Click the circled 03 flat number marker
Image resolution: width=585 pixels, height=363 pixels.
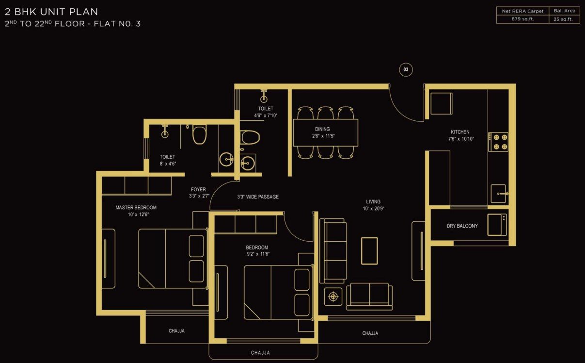click(406, 69)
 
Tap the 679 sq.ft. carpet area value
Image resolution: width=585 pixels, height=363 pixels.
click(522, 19)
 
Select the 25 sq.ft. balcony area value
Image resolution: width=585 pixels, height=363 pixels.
click(563, 19)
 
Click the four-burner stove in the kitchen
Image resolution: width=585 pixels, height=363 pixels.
click(498, 142)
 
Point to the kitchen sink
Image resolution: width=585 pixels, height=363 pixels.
click(499, 194)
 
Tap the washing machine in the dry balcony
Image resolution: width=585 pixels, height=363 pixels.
click(497, 225)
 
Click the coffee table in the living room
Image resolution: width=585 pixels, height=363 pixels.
click(369, 251)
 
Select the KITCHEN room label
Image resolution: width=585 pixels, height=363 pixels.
click(460, 132)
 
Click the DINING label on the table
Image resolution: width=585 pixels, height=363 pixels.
click(322, 129)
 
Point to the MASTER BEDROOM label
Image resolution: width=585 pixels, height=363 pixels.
click(136, 208)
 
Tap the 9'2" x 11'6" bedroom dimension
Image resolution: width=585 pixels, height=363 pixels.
click(258, 254)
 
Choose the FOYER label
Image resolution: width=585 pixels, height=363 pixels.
click(198, 189)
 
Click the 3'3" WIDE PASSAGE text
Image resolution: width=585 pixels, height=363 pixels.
click(258, 197)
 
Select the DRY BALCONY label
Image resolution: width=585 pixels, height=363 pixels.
click(462, 226)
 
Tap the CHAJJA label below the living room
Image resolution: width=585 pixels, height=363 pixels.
click(370, 333)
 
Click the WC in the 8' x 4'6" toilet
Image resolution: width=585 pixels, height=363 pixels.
click(200, 134)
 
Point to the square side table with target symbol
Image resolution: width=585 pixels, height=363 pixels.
click(333, 297)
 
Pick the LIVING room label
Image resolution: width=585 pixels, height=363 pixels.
click(373, 201)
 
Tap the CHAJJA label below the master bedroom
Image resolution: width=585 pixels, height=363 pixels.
click(176, 331)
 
